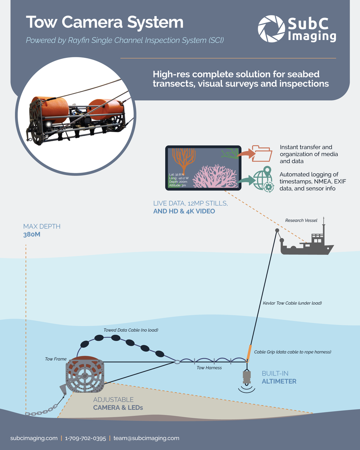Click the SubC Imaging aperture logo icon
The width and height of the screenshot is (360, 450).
[x=271, y=28]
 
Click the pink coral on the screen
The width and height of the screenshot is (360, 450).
[x=215, y=176]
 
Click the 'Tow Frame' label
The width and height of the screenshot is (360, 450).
[x=56, y=359]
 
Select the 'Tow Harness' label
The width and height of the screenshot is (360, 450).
[x=209, y=368]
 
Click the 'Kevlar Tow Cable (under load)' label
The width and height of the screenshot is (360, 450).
[x=292, y=303]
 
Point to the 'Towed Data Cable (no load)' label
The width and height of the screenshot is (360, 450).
[x=131, y=330]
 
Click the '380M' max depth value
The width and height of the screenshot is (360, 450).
[x=32, y=235]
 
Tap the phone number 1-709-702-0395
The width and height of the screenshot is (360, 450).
[x=85, y=438]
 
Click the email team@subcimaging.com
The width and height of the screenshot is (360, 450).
[x=146, y=438]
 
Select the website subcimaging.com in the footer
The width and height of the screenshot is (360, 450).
[x=34, y=438]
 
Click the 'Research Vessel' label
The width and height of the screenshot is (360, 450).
[x=301, y=220]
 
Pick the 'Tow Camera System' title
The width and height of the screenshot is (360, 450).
[x=105, y=22]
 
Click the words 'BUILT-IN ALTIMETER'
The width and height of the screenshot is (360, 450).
[x=279, y=377]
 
